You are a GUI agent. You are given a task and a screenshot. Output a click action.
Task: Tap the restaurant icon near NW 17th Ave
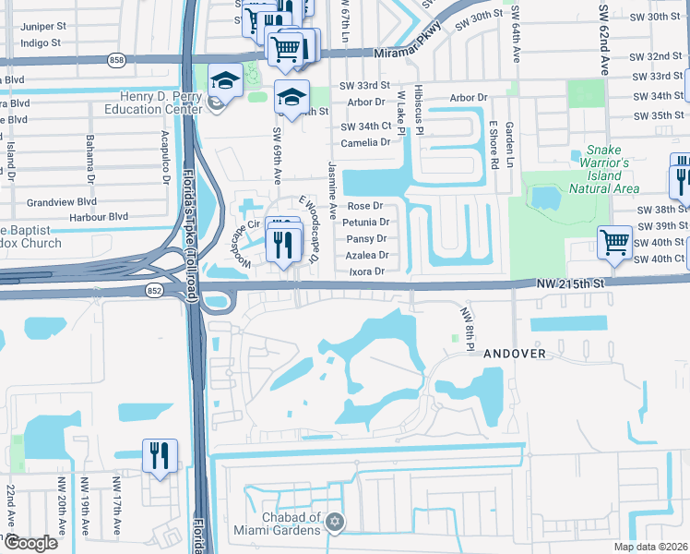(x=160, y=455)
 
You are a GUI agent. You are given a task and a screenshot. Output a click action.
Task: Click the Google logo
(x=30, y=543)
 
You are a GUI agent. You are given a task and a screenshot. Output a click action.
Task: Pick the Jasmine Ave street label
(x=331, y=182)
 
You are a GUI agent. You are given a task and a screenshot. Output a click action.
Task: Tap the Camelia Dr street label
(x=365, y=143)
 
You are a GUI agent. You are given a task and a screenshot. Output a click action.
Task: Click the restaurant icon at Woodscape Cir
(x=285, y=242)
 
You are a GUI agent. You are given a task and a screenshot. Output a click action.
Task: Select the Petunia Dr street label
(x=366, y=223)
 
